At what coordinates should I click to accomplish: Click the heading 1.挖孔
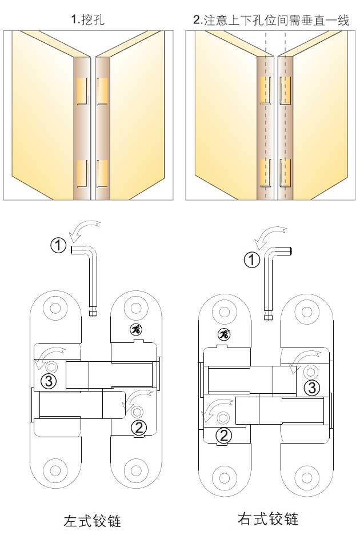(87, 19)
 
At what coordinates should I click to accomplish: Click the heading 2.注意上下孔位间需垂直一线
(271, 19)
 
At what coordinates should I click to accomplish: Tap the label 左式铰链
(93, 521)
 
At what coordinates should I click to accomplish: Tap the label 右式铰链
(268, 519)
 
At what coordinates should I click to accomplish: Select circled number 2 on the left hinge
(139, 428)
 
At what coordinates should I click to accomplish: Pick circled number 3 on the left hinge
(49, 381)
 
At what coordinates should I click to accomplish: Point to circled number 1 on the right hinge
(251, 259)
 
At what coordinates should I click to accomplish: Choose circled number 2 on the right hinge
(224, 435)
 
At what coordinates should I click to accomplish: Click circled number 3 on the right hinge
(312, 388)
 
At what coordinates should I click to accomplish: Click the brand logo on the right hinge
(225, 334)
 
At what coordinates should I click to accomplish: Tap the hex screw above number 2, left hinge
(138, 412)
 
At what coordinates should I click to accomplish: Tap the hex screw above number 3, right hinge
(310, 372)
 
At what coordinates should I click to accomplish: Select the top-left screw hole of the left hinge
(55, 308)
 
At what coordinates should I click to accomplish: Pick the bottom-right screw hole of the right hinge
(307, 478)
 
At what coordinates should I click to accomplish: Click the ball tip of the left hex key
(93, 313)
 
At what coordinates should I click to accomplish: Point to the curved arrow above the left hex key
(85, 230)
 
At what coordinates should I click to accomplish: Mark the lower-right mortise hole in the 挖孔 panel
(102, 173)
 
